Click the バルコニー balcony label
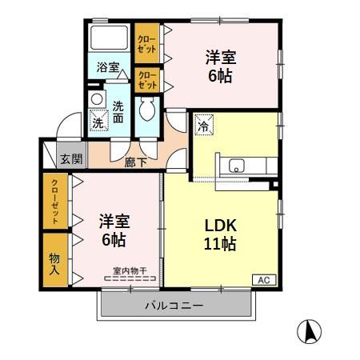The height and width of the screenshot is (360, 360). coord(174,306)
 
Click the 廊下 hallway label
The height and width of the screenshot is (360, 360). coord(136,162)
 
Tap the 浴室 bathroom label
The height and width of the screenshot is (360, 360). coord(108,68)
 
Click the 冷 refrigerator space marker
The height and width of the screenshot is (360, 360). coord(203,125)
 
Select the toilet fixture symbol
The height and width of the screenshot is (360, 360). coord(148,109)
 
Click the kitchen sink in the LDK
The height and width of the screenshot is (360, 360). coord(238,166)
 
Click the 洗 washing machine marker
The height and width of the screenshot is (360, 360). coord(98,122)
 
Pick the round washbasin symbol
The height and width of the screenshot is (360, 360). coord(96,99)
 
